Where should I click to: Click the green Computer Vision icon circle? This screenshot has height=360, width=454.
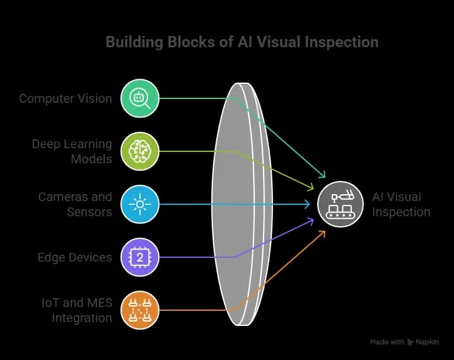141,98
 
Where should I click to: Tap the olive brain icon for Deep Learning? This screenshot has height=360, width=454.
141,151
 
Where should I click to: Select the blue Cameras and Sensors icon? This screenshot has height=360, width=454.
141,204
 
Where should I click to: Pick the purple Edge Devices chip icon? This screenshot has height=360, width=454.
141,257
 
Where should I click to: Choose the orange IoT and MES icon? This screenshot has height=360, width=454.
141,310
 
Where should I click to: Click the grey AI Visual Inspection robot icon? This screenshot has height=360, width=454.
340,204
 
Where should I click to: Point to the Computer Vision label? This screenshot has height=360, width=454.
66,98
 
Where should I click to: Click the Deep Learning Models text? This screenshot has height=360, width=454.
72,151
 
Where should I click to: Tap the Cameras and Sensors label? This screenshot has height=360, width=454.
75,204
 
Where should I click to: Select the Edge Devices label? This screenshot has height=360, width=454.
74,257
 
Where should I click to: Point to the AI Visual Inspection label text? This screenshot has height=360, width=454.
401,204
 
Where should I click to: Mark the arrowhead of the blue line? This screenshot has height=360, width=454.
308,204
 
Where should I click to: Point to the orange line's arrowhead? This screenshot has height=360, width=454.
323,233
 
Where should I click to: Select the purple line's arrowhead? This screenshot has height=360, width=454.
311,220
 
